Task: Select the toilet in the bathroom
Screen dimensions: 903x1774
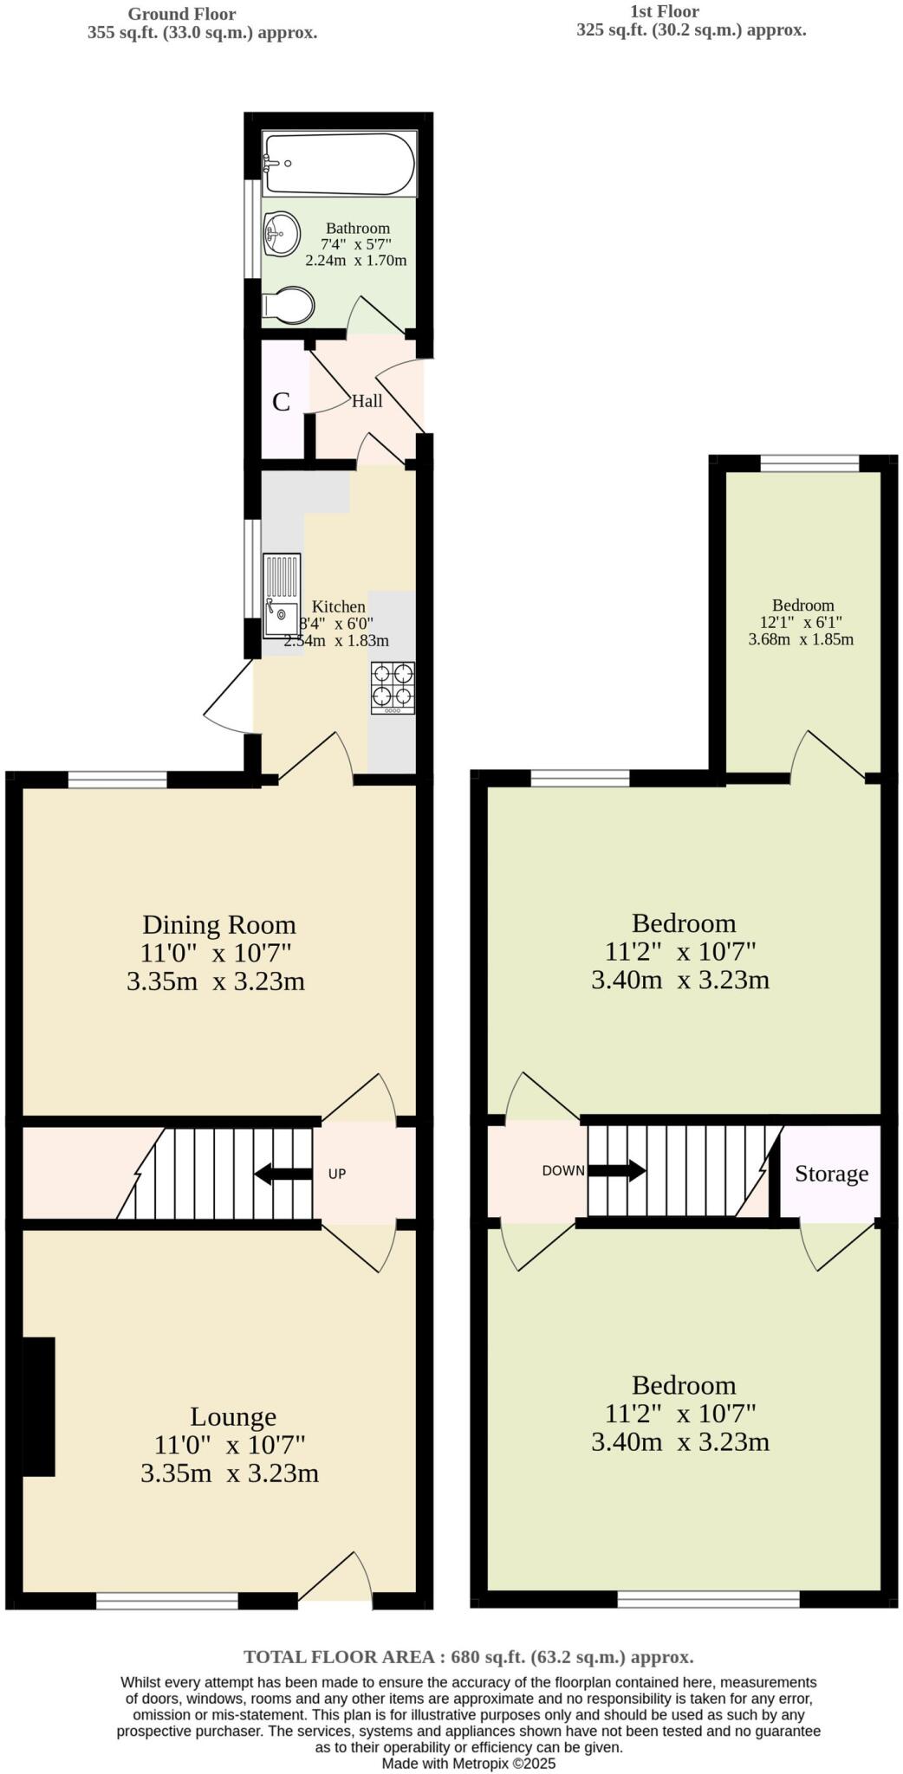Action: pos(289,306)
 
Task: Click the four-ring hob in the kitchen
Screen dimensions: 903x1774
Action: pos(393,686)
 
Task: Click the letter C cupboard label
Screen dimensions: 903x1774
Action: pos(281,402)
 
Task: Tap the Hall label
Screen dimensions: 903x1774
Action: pos(367,401)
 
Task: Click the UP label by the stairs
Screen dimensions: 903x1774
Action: pos(337,1174)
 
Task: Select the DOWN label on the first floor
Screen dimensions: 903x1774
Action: pos(563,1170)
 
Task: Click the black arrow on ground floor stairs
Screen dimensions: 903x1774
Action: pos(283,1174)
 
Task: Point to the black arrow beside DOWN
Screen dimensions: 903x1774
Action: pos(617,1170)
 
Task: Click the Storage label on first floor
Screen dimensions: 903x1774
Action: pos(831,1174)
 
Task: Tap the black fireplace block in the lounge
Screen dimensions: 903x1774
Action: pos(38,1406)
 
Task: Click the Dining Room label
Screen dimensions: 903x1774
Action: pos(219,924)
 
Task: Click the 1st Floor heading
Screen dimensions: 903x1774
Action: pos(666,11)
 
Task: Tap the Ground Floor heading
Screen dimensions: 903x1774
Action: pos(182,14)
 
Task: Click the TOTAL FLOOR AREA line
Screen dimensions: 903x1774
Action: pos(469,1657)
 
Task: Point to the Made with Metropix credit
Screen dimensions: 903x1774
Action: pos(469,1763)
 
